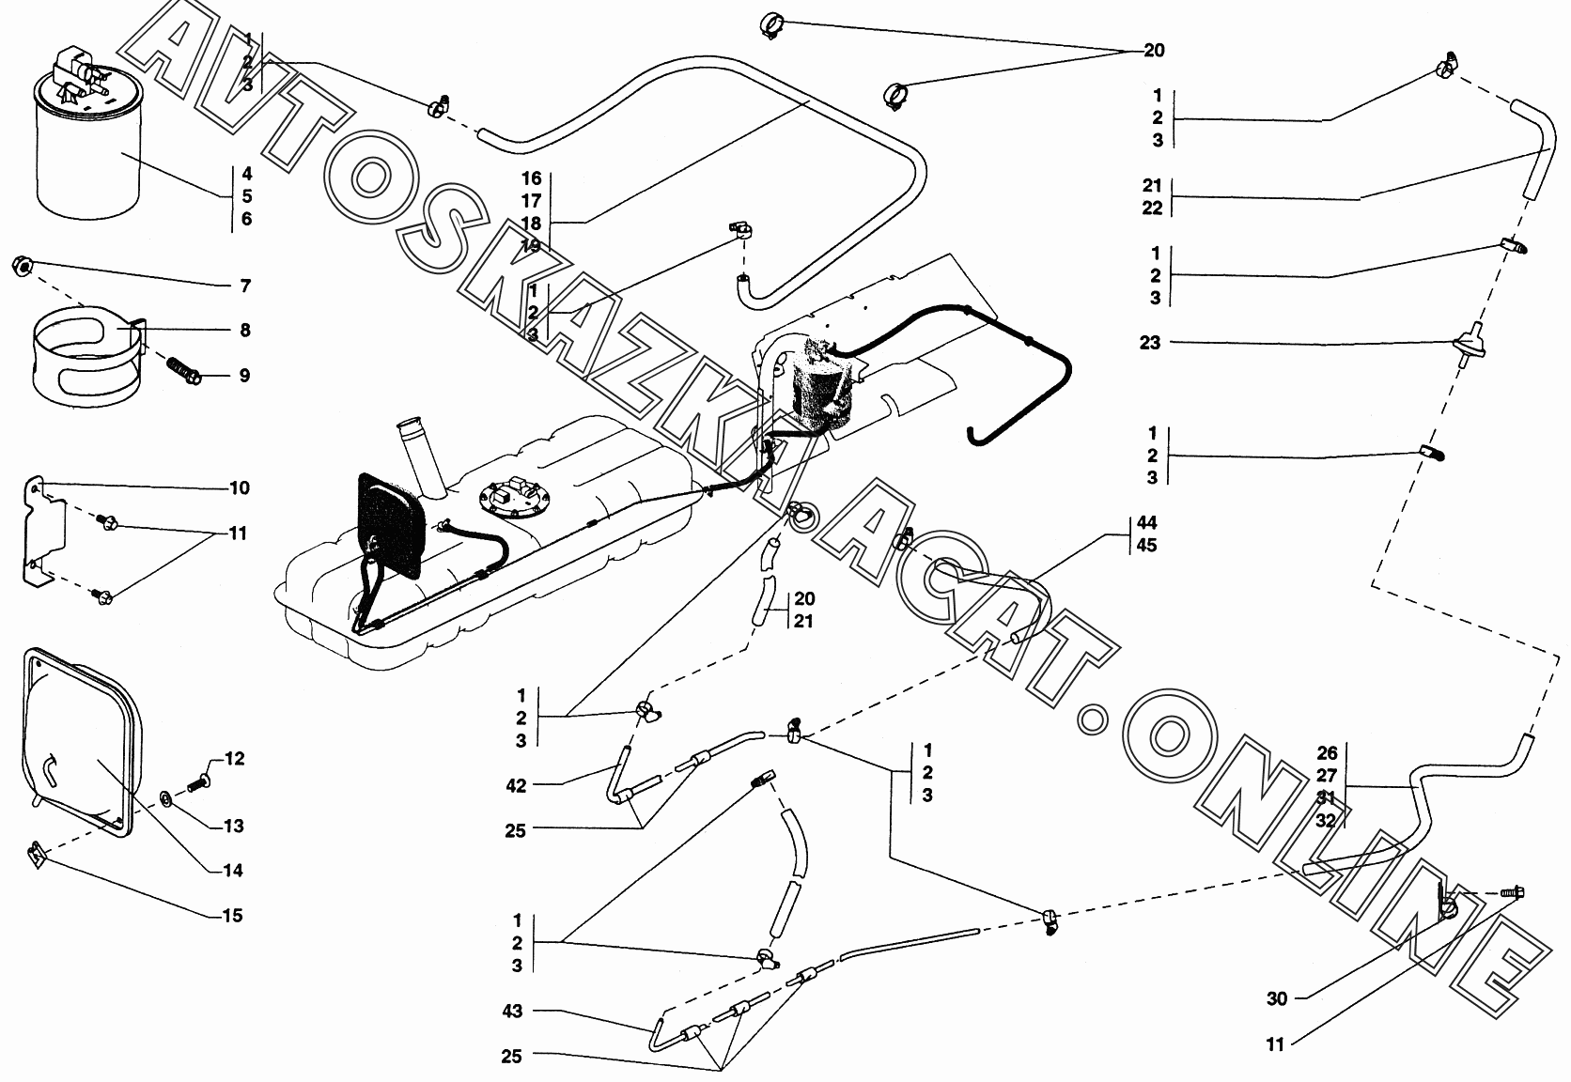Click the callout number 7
[x=243, y=286]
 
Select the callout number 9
[x=243, y=376]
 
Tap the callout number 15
[x=232, y=915]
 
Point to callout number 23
[x=1150, y=343]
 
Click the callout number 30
[x=1277, y=998]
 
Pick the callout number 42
[x=516, y=785]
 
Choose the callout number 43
[x=512, y=1011]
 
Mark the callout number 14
[x=232, y=870]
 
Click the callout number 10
[x=239, y=487]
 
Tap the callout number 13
[x=233, y=826]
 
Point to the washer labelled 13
[x=166, y=798]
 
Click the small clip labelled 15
[x=37, y=855]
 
